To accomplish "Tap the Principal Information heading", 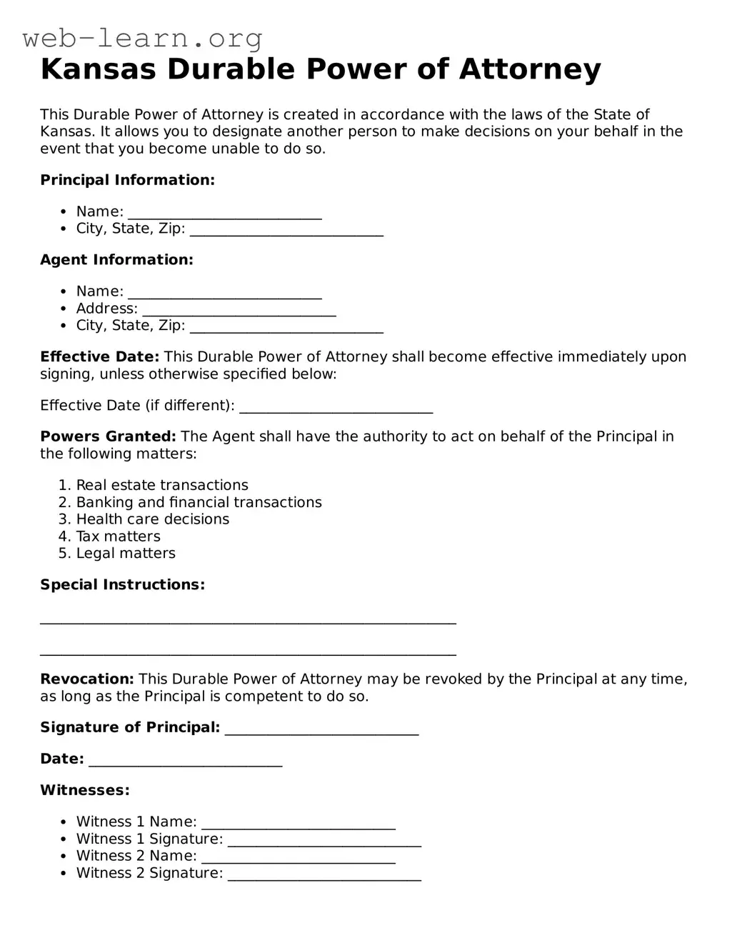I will pos(127,180).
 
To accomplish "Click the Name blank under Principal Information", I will pos(225,213).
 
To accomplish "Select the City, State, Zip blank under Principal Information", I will pos(286,230).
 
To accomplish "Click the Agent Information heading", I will pos(116,260).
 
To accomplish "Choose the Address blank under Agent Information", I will pos(239,310).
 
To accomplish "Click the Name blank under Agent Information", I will pos(225,293).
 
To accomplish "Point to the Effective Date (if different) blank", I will pos(336,407).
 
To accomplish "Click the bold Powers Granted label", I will pos(108,436).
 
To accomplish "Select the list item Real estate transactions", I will pos(162,485).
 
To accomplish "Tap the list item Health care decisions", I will pos(153,519).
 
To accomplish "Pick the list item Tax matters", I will pos(119,537).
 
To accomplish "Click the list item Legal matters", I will pos(126,554).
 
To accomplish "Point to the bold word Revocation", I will pos(87,679).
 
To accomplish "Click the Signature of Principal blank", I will pos(321,729).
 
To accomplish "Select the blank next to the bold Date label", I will pos(186,761).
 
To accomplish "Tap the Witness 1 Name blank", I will pos(299,824).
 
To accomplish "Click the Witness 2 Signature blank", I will pos(324,875).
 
